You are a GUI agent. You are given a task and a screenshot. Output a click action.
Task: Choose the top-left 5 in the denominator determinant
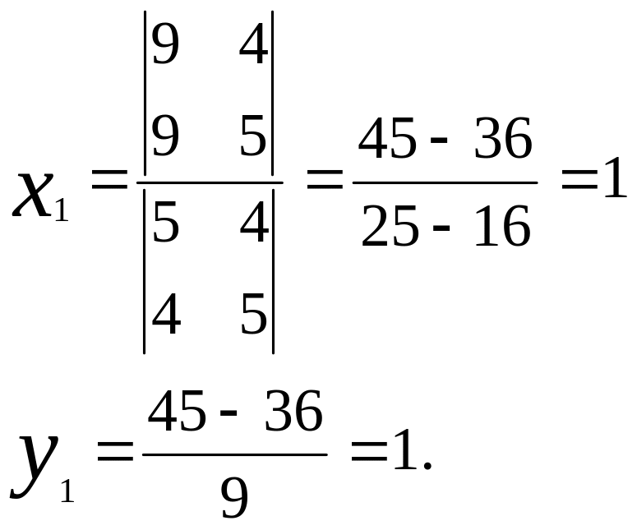166,226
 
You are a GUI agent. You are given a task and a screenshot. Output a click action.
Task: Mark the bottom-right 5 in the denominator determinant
254,314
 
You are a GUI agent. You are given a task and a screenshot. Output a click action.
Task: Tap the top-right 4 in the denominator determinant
254,226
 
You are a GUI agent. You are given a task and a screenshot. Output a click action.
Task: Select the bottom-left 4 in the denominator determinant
166,314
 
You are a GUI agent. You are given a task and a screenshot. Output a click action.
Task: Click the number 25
388,228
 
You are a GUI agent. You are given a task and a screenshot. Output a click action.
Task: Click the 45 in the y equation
177,412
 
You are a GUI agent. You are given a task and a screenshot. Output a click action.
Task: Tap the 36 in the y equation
293,412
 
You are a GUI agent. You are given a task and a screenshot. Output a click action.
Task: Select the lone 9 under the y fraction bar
235,497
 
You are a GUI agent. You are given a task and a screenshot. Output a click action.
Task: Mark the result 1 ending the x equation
614,183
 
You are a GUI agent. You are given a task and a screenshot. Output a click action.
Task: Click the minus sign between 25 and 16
441,233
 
